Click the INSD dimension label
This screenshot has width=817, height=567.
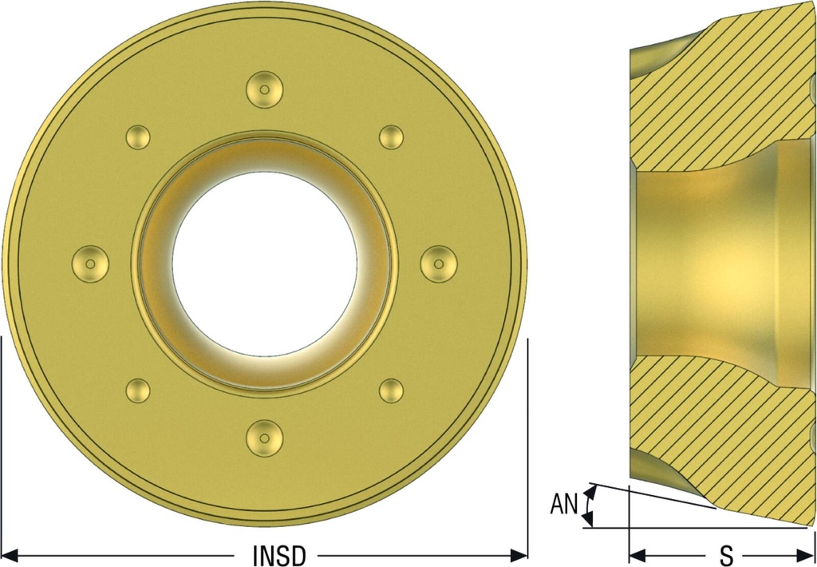coord(278,556)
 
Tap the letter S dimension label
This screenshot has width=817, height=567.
coord(726,556)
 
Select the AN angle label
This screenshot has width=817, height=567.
coord(564,505)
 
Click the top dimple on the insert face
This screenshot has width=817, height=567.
coord(265,89)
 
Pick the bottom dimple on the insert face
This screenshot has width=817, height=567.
coord(265,438)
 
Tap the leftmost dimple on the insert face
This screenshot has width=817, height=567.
coord(90,264)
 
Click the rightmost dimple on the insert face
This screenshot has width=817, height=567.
coord(439,264)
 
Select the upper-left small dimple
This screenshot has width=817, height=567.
coord(138,137)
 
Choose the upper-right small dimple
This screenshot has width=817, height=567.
coord(391,137)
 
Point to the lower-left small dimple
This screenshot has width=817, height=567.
coord(138,391)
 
